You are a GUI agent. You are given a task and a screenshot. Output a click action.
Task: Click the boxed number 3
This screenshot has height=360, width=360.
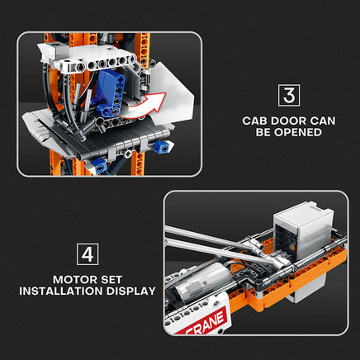click(289, 95)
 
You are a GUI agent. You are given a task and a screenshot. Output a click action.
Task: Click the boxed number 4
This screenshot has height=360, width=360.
click(88, 254)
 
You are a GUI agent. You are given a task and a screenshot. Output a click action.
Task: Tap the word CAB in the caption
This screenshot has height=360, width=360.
click(254, 121)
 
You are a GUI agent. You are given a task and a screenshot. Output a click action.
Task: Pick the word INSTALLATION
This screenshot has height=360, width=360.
click(61, 291)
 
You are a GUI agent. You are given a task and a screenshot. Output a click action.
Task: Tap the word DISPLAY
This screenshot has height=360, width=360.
click(131, 291)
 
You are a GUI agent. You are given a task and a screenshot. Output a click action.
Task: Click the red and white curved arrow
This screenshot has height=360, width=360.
click(143, 106)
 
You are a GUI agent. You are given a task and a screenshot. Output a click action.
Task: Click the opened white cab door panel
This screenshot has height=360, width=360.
click(171, 93)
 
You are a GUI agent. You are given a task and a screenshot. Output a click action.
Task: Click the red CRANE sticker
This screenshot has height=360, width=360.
click(207, 321)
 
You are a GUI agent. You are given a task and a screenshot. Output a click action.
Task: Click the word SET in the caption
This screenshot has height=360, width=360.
click(111, 280)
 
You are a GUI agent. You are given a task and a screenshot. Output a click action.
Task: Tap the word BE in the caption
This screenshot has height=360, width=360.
click(263, 132)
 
